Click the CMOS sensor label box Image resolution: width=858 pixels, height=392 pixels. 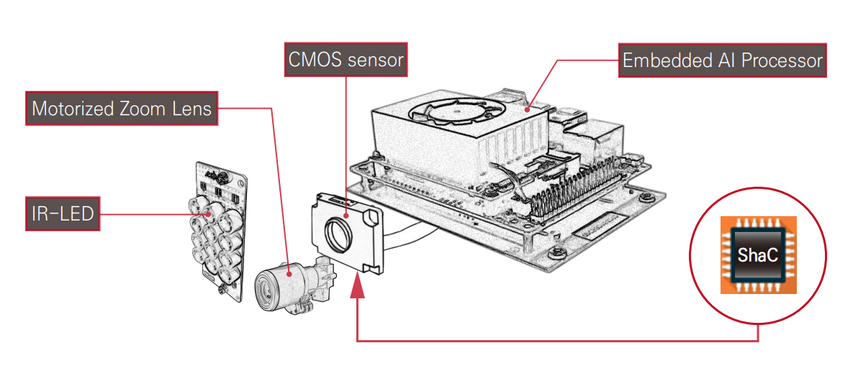[346, 60]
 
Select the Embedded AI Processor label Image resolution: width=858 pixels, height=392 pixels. [722, 61]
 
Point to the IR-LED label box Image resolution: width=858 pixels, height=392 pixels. [62, 213]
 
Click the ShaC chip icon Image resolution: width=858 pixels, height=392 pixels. [758, 255]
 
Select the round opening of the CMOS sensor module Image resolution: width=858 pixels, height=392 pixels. [338, 233]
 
